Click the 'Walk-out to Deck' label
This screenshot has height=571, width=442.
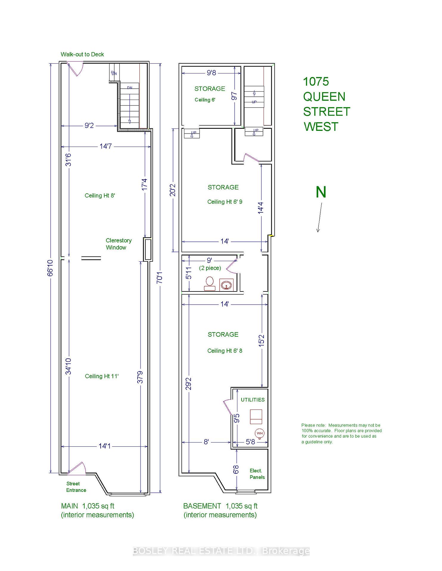click(x=82, y=54)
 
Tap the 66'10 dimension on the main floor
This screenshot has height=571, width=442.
click(x=50, y=268)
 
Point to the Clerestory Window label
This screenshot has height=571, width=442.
click(x=118, y=244)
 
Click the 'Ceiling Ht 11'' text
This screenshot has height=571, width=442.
click(x=102, y=376)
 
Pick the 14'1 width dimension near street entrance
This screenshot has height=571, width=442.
click(x=105, y=446)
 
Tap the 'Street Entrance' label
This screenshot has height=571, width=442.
click(x=76, y=487)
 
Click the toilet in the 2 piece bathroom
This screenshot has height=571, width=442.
click(x=210, y=283)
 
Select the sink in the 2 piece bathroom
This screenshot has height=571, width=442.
click(x=226, y=285)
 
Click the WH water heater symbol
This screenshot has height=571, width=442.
click(x=260, y=433)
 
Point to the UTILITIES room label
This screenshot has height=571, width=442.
click(x=253, y=400)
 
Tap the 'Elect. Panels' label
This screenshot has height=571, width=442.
click(x=257, y=474)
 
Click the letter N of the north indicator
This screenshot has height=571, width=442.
click(x=321, y=192)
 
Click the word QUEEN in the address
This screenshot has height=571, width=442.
click(x=324, y=97)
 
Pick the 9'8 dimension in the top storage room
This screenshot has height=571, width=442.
click(x=211, y=73)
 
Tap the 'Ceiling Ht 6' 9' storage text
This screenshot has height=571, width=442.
click(x=225, y=202)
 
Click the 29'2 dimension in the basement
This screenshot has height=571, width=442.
click(x=188, y=383)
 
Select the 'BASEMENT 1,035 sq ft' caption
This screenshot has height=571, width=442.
click(x=220, y=506)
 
